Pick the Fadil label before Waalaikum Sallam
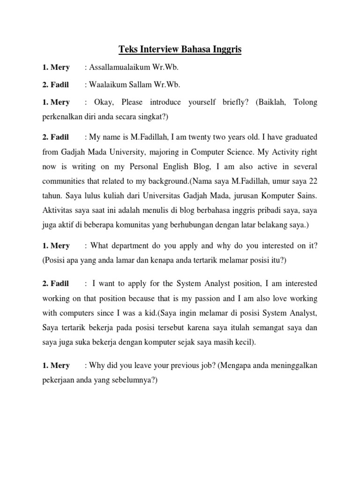[60, 85]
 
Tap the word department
[134, 246]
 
